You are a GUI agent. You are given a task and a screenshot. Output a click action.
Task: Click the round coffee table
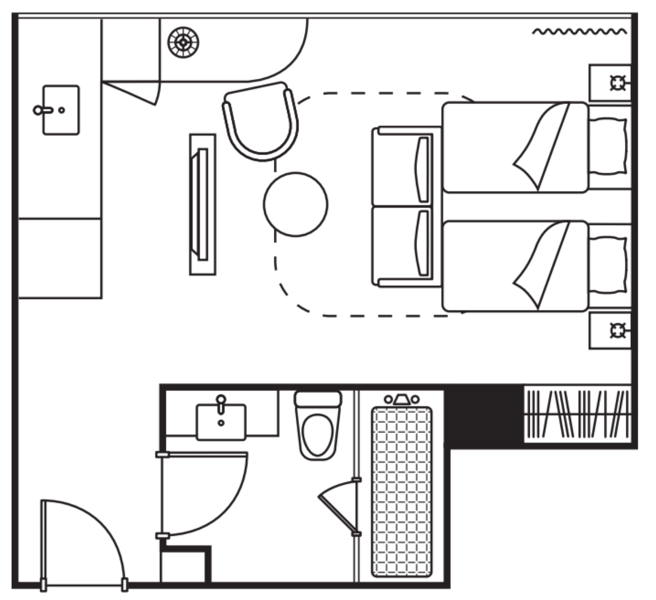296,204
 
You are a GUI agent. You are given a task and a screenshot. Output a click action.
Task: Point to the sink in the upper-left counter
61,110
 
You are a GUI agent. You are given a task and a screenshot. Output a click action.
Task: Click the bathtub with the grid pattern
402,491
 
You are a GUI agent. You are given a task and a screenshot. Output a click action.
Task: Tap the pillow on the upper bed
608,147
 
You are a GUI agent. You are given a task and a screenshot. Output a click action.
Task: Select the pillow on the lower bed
608,266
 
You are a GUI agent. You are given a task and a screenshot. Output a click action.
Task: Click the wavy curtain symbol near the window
579,32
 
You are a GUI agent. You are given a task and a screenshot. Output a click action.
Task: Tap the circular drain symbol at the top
183,41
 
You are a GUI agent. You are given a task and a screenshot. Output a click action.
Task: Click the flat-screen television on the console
202,204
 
